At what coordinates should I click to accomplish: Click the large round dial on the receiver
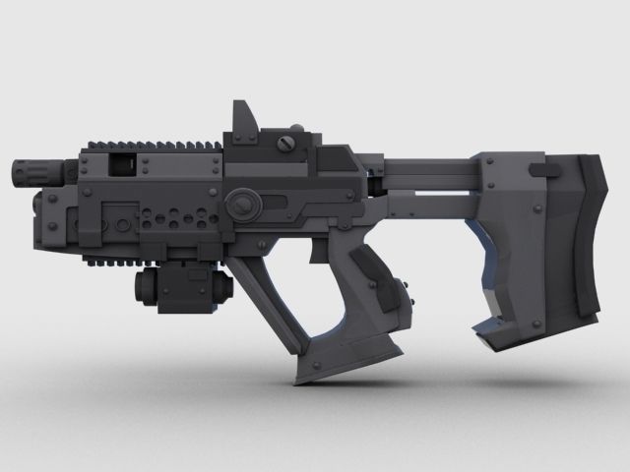pos(241,206)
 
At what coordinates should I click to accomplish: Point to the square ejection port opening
pos(123,162)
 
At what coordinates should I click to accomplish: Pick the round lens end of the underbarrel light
pos(140,287)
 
